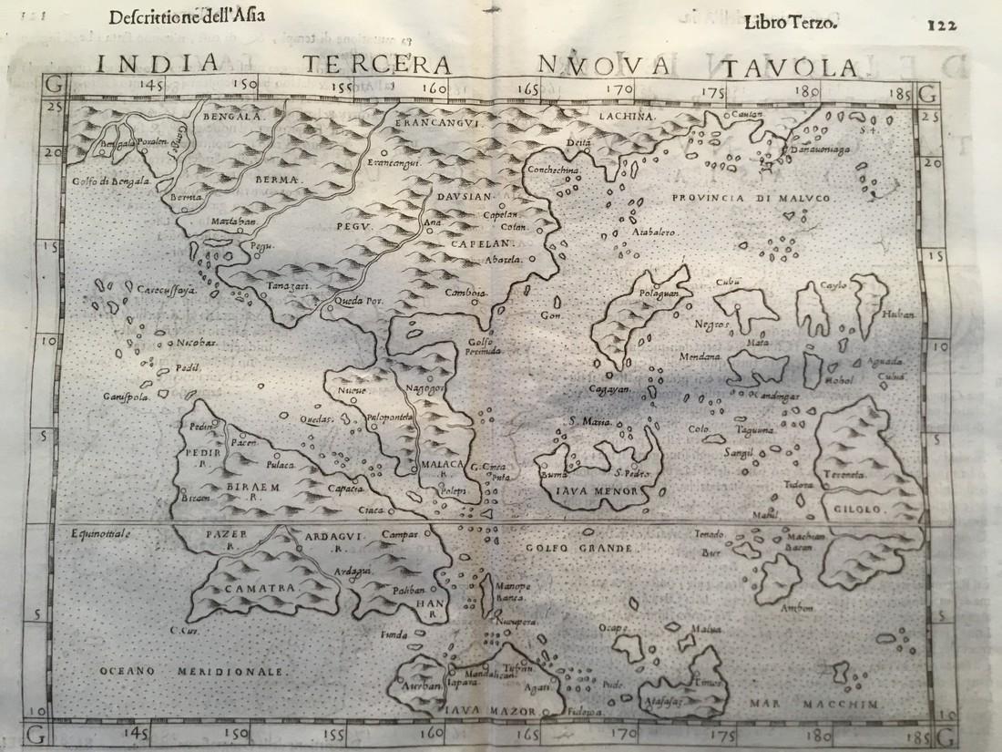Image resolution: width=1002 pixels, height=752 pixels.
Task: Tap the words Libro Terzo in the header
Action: point(790,22)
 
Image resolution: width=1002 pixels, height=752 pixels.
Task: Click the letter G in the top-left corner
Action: point(53,91)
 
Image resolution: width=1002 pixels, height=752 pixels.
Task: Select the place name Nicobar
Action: point(189,344)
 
